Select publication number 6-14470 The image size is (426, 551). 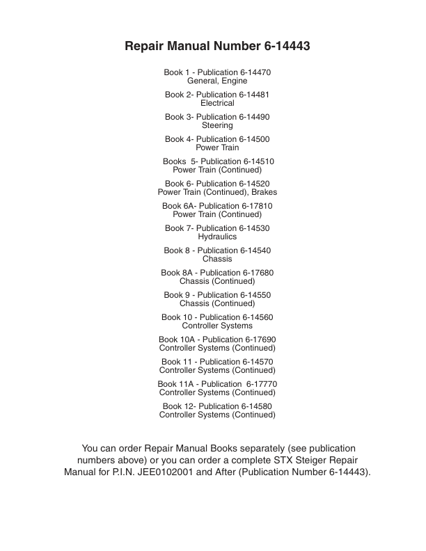pyautogui.click(x=255, y=72)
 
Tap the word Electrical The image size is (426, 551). pyautogui.click(x=217, y=103)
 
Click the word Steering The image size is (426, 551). pyautogui.click(x=217, y=125)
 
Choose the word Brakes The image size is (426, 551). pyautogui.click(x=262, y=192)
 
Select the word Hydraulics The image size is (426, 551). pyautogui.click(x=217, y=237)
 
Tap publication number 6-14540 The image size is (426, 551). pyautogui.click(x=255, y=250)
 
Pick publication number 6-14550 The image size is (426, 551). pyautogui.click(x=255, y=295)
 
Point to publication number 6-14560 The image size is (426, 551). pyautogui.click(x=257, y=317)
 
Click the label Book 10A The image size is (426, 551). pyautogui.click(x=178, y=340)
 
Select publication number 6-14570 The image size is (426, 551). pyautogui.click(x=258, y=362)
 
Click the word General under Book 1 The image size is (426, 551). pyautogui.click(x=203, y=81)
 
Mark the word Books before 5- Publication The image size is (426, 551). pyautogui.click(x=174, y=161)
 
